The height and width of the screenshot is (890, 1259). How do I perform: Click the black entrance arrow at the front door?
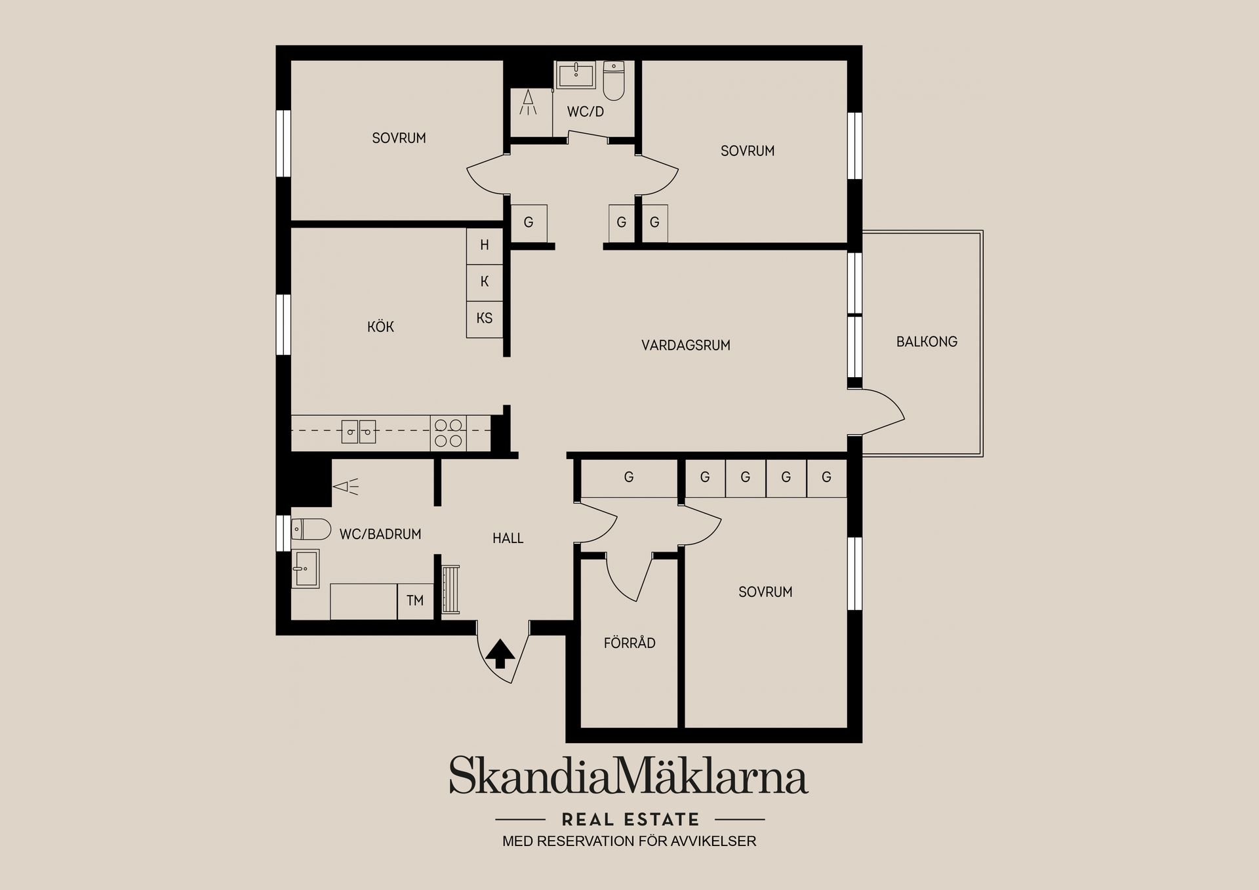pos(500,653)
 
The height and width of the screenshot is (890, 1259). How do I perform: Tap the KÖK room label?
pos(380,327)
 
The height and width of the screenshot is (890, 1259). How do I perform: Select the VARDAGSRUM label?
pos(685,345)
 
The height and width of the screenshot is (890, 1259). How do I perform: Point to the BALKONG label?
pos(927,342)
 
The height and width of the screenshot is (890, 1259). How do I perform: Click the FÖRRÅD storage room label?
pos(629,643)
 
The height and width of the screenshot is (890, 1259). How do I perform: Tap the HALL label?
pos(508,538)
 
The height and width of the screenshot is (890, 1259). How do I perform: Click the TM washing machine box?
pos(415,601)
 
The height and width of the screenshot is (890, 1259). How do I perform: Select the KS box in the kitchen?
pos(485,319)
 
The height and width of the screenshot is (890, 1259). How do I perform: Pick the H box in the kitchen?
pos(485,245)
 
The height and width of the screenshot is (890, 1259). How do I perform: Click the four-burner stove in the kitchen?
pos(449,433)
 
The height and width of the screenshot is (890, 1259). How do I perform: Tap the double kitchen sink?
pos(359,432)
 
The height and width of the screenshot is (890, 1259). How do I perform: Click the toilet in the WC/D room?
pos(614,80)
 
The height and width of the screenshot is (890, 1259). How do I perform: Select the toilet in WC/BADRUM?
pos(311,529)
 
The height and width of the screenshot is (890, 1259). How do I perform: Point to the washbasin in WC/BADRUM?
pos(305,568)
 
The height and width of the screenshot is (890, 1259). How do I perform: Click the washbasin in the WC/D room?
pos(576,75)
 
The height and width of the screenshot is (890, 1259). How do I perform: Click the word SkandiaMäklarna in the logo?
pos(628,775)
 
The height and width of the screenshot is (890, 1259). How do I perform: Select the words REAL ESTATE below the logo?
pos(631,820)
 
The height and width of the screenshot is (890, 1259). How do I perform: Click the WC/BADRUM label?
pos(380,535)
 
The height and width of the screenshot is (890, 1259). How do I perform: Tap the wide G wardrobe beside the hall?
pos(629,477)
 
